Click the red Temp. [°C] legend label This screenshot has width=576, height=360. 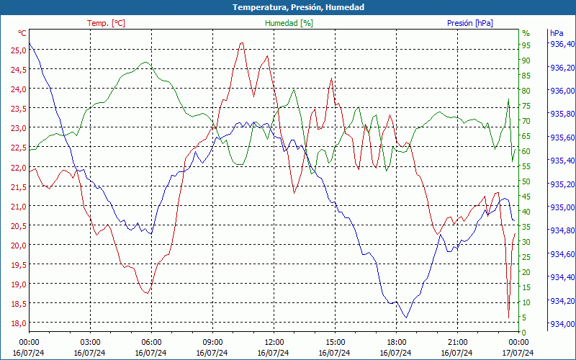coord(106,23)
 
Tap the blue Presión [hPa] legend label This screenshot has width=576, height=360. coord(469,23)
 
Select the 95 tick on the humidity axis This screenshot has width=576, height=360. coord(526,45)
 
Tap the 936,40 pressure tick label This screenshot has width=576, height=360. coord(562,45)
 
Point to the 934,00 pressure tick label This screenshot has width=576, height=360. coord(562,323)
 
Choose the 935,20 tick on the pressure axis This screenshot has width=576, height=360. coord(562,184)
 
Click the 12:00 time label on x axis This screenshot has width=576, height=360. coord(274,342)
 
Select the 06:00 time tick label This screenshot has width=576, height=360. coord(152,342)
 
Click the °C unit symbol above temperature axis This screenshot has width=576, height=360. coord(22,33)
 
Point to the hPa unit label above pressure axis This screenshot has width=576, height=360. coord(557,33)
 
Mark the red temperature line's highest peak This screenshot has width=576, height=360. coord(242,42)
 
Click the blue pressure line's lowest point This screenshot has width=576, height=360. coord(407,318)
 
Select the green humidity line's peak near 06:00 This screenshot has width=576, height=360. coord(146,62)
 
